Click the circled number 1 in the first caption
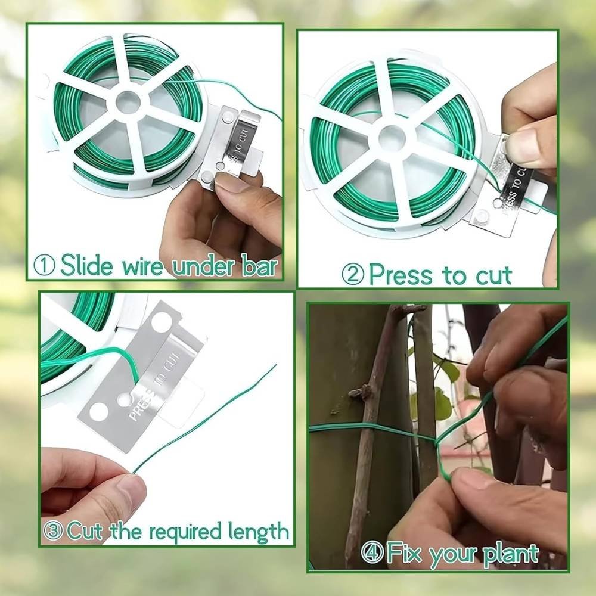coord(44,265)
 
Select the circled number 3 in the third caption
coord(53,530)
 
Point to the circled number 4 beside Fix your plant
coord(372,552)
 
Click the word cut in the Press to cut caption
coord(493,275)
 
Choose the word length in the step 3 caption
coord(258,532)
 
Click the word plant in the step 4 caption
coord(511,554)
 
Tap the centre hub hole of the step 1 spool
coord(128,102)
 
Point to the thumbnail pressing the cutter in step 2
coord(523,144)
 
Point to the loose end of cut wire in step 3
coord(276,366)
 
